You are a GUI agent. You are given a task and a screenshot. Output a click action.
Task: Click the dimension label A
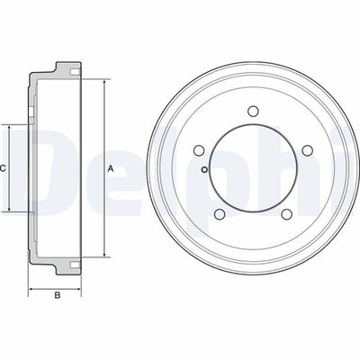pyautogui.click(x=111, y=169)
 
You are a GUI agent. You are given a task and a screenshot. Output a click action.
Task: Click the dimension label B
pyautogui.click(x=58, y=295)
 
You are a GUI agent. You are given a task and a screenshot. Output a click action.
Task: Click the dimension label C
pyautogui.click(x=3, y=168)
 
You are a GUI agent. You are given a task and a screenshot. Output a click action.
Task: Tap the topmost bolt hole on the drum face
pyautogui.click(x=253, y=111)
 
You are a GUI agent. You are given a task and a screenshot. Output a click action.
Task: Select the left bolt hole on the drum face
pyautogui.click(x=199, y=150)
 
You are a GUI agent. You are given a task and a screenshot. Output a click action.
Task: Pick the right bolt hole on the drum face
pyautogui.click(x=307, y=150)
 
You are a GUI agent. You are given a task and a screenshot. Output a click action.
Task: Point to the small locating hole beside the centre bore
pyautogui.click(x=204, y=170)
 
